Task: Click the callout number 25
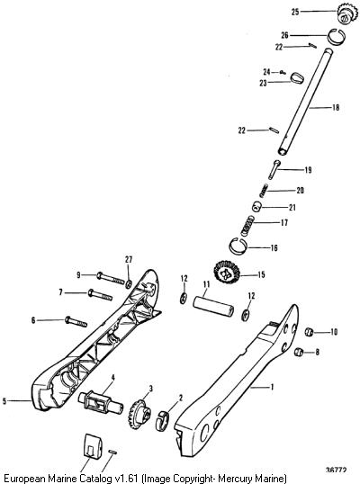(295, 12)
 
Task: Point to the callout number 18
(336, 107)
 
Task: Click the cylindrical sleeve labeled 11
(213, 306)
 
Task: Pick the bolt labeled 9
(111, 278)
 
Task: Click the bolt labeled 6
(76, 323)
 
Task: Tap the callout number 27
(129, 260)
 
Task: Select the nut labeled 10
(310, 332)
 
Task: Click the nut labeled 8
(299, 352)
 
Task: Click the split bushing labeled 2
(163, 420)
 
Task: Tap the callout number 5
(4, 401)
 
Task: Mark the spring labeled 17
(247, 227)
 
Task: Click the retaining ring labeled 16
(238, 246)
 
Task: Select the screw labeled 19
(274, 169)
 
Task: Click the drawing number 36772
(336, 471)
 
